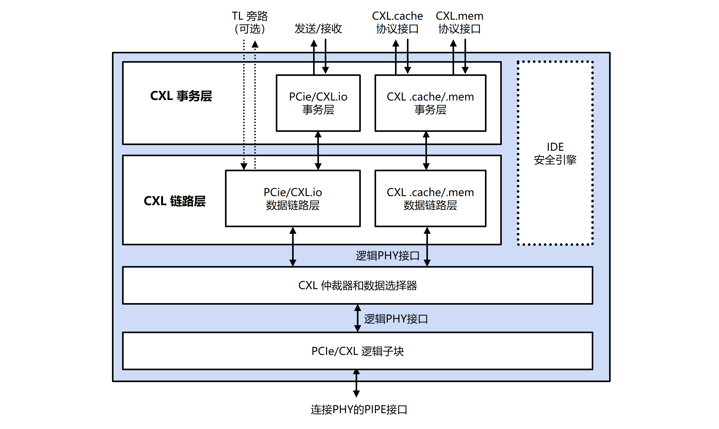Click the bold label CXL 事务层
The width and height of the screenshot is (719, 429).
181,96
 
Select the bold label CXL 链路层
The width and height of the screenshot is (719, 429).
175,201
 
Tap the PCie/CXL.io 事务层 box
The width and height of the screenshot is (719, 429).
318,103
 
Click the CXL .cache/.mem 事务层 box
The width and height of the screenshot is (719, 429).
430,103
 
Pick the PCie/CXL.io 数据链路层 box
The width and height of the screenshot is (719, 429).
293,199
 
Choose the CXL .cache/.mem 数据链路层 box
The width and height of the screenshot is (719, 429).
430,199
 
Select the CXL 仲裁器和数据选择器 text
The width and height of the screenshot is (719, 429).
357,286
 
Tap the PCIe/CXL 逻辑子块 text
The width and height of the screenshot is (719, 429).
357,351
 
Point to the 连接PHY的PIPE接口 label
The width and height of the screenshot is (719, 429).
359,410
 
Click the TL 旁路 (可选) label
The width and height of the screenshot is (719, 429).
250,22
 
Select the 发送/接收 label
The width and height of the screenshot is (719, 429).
318,28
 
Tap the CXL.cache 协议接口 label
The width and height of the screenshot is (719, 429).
397,22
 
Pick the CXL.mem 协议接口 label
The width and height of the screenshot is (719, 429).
460,22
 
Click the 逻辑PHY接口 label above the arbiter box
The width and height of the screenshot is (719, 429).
387,256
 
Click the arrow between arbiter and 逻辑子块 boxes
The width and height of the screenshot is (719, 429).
357,318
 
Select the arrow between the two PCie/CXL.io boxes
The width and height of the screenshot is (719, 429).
318,151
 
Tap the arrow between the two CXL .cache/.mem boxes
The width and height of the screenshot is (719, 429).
426,151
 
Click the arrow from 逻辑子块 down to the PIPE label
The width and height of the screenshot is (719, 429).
356,383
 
